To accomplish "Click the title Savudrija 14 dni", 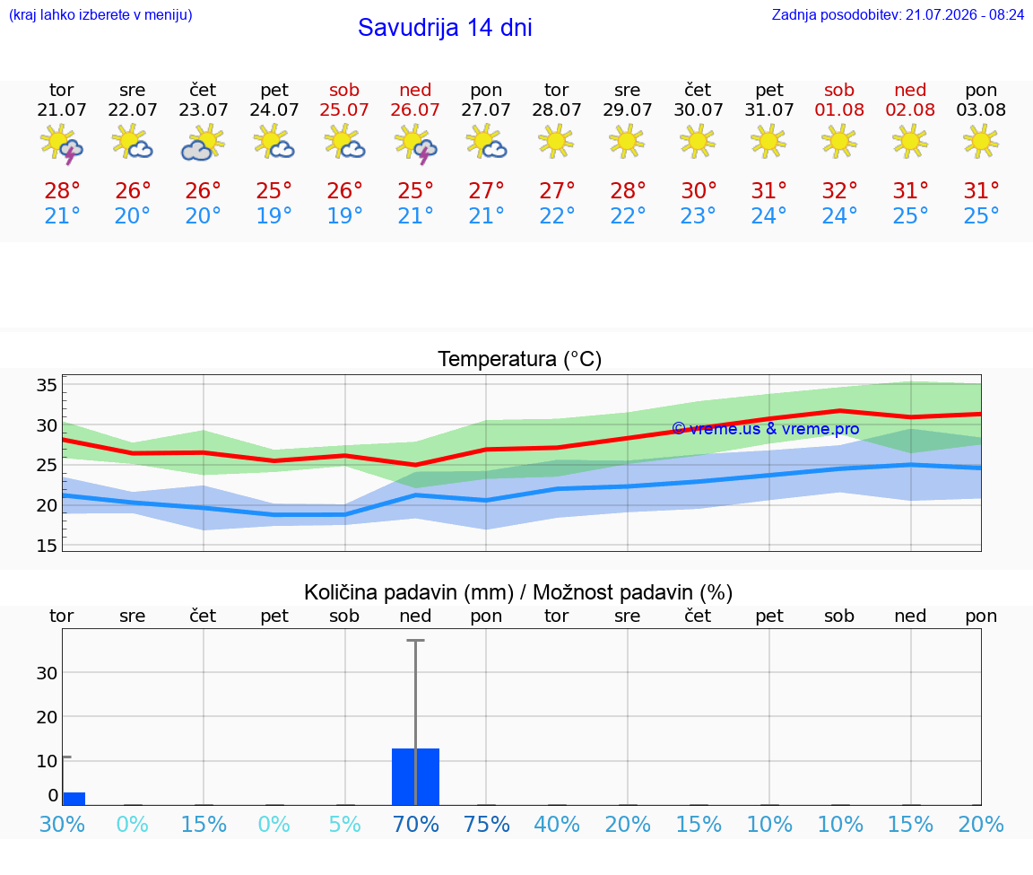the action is click(445, 28).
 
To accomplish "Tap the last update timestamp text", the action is click(898, 14).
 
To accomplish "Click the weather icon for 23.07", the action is click(203, 143).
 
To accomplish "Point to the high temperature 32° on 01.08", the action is click(839, 190).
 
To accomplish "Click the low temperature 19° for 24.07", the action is click(274, 215).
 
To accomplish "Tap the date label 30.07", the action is click(699, 109).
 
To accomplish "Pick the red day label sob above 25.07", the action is click(344, 90).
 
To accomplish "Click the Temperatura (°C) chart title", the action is click(520, 359).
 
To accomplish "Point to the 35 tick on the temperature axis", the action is click(47, 385).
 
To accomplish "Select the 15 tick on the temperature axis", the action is click(47, 546).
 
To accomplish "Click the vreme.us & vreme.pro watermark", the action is click(766, 429).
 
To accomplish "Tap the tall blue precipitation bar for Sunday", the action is click(416, 777).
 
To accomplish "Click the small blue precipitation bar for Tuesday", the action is click(74, 799).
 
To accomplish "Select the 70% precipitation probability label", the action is click(416, 824).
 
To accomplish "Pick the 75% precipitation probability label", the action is click(487, 824).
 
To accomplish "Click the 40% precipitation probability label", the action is click(557, 824).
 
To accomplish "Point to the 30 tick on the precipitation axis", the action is click(47, 673).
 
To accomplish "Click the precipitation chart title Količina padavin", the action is click(409, 592).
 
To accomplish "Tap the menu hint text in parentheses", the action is click(100, 14).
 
